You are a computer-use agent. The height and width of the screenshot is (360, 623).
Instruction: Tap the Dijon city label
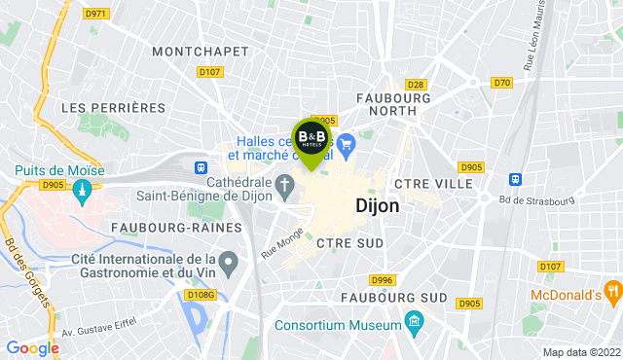pos(378,206)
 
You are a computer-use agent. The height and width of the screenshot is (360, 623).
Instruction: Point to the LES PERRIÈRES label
pos(113,106)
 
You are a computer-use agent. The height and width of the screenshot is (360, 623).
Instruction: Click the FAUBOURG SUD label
pos(393,297)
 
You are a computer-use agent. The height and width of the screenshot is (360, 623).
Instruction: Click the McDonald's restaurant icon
pos(612,291)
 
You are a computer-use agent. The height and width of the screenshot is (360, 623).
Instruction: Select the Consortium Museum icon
pos(414,321)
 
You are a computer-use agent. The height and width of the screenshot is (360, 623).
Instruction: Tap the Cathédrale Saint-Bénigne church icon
pos(285,184)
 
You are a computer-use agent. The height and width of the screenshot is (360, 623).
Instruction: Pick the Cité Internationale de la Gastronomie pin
pos(229,262)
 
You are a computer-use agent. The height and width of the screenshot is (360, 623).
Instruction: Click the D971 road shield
pos(95,14)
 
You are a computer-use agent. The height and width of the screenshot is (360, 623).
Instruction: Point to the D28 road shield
pos(416,85)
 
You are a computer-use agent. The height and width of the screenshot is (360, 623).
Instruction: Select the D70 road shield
pos(501,83)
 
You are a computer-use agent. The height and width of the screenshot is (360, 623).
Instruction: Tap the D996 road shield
pos(382,279)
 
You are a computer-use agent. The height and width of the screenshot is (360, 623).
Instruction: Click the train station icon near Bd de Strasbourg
pos(515,179)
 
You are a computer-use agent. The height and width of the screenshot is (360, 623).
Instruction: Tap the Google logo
pos(32,347)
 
